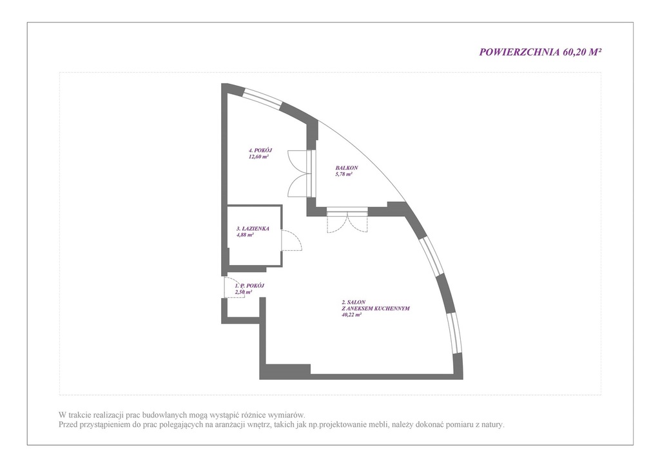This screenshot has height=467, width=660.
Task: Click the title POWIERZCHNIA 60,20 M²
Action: [540, 52]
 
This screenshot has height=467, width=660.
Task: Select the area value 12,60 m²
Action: [259, 156]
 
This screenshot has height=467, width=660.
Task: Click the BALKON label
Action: [347, 168]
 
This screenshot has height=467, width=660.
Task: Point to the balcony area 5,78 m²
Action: [344, 174]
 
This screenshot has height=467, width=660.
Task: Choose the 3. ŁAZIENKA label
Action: [253, 228]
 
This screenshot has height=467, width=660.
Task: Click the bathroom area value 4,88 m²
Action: [244, 235]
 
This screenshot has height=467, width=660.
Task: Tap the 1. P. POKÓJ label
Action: [249, 286]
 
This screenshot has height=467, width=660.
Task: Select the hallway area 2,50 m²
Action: [243, 292]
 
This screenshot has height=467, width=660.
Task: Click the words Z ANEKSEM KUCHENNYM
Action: [376, 308]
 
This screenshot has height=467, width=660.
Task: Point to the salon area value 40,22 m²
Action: [352, 315]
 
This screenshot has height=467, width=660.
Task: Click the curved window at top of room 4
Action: [263, 97]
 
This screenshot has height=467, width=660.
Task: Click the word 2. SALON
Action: [354, 302]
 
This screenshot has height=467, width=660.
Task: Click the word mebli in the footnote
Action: [380, 425]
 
